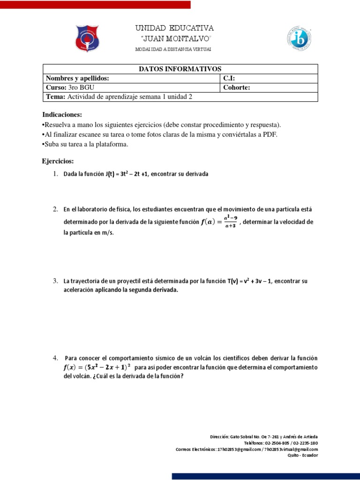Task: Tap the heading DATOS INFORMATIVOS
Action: pyautogui.click(x=180, y=69)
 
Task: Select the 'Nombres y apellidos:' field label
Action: pyautogui.click(x=77, y=78)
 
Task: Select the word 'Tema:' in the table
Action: pyautogui.click(x=56, y=97)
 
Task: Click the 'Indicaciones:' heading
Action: pyautogui.click(x=62, y=115)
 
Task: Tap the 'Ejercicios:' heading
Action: pyautogui.click(x=58, y=161)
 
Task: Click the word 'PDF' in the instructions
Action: pyautogui.click(x=269, y=135)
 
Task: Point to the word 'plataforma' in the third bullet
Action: pyautogui.click(x=112, y=144)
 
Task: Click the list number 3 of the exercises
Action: pyautogui.click(x=55, y=281)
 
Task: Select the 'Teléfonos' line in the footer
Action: pyautogui.click(x=281, y=442)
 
